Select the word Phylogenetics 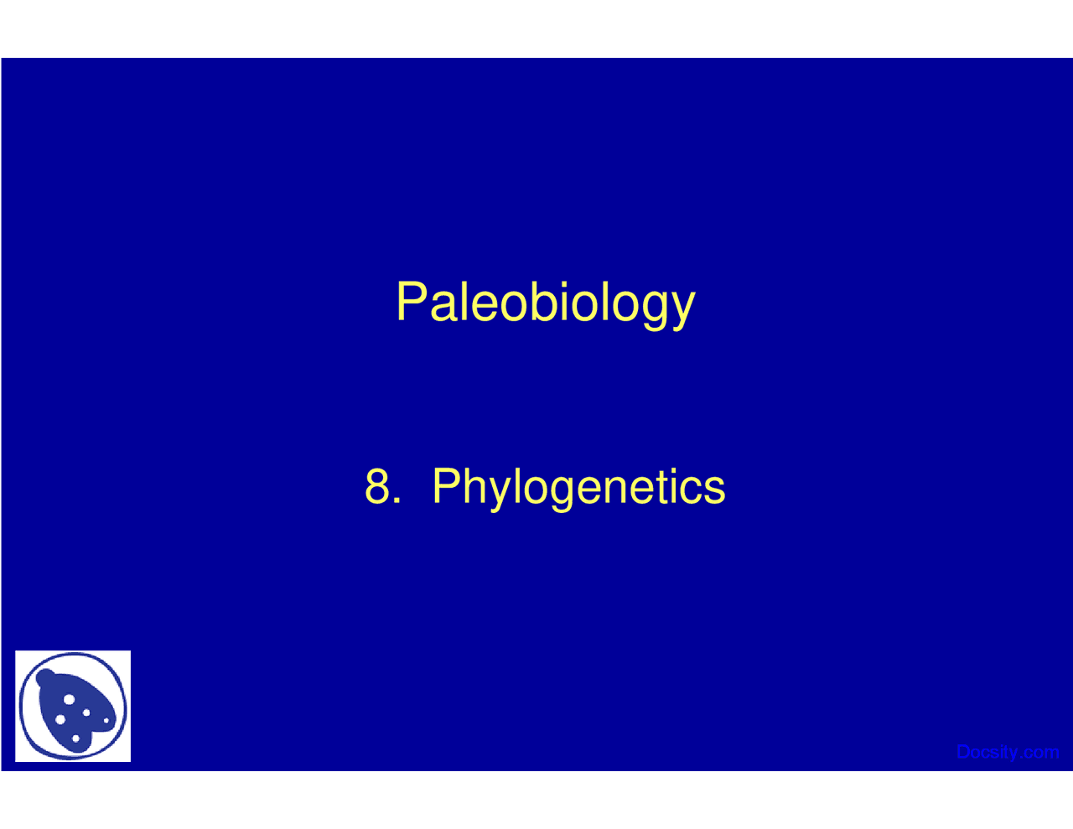click(578, 489)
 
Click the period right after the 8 click(396, 500)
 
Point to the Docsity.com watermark click(1008, 752)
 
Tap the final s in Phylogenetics click(713, 491)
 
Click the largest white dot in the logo click(69, 699)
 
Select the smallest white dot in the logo click(106, 720)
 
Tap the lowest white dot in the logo click(75, 738)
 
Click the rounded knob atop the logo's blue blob click(46, 677)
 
